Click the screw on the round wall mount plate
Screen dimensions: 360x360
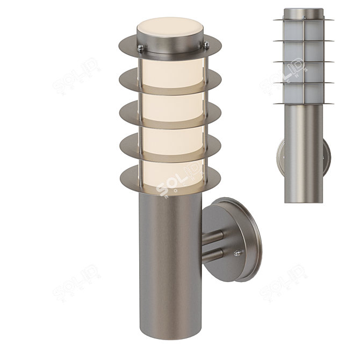click(x=236, y=252)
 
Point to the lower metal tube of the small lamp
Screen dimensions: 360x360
click(x=304, y=156)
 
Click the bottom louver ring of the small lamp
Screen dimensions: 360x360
click(x=304, y=104)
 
